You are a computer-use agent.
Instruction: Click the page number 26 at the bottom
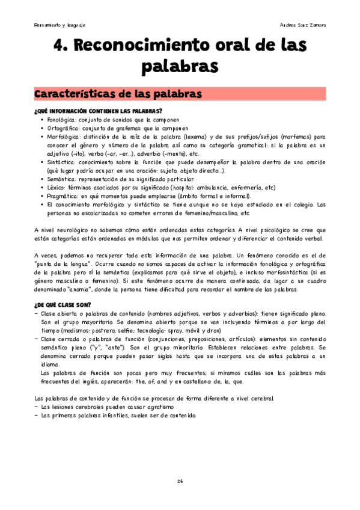[180, 481]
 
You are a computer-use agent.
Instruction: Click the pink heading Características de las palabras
[116, 94]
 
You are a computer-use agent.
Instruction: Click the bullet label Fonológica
[59, 120]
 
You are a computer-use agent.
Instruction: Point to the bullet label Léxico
[55, 188]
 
